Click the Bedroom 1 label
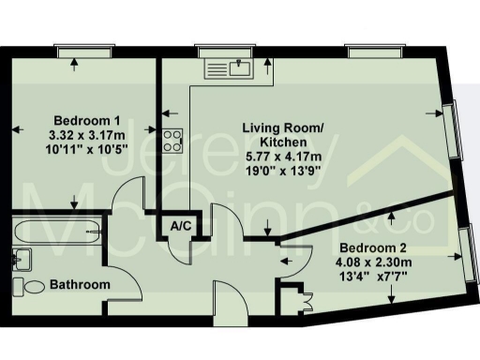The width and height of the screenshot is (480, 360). tap(87, 120)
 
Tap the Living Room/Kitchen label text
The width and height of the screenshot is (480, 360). tap(282, 134)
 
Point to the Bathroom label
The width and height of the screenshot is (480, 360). tap(80, 284)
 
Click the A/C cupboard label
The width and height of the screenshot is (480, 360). tap(178, 226)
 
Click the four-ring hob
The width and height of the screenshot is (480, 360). tap(172, 140)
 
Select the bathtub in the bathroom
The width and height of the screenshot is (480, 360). tap(56, 231)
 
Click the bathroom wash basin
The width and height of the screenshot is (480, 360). tap(23, 258)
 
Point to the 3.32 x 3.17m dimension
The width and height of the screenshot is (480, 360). tap(87, 134)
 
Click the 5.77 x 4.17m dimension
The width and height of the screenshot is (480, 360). tap(282, 156)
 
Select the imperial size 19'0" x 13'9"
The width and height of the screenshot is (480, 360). tap(282, 170)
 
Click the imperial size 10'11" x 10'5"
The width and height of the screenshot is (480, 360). tap(87, 148)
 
